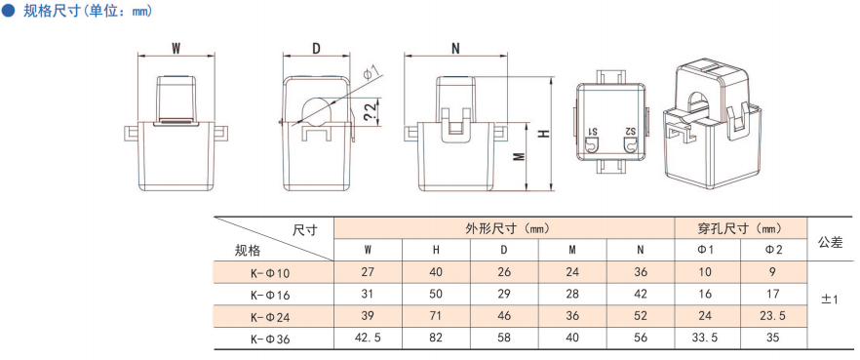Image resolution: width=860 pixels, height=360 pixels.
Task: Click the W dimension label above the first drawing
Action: [176, 49]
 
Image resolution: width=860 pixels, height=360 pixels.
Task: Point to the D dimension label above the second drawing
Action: [317, 49]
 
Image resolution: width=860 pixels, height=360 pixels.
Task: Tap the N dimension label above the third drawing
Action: [455, 49]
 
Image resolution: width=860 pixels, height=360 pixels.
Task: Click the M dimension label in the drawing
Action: [521, 157]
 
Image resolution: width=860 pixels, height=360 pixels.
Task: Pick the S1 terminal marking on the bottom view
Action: [593, 132]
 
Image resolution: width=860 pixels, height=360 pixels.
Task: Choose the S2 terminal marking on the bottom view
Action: [630, 132]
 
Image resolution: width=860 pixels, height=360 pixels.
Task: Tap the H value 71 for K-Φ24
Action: [436, 316]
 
